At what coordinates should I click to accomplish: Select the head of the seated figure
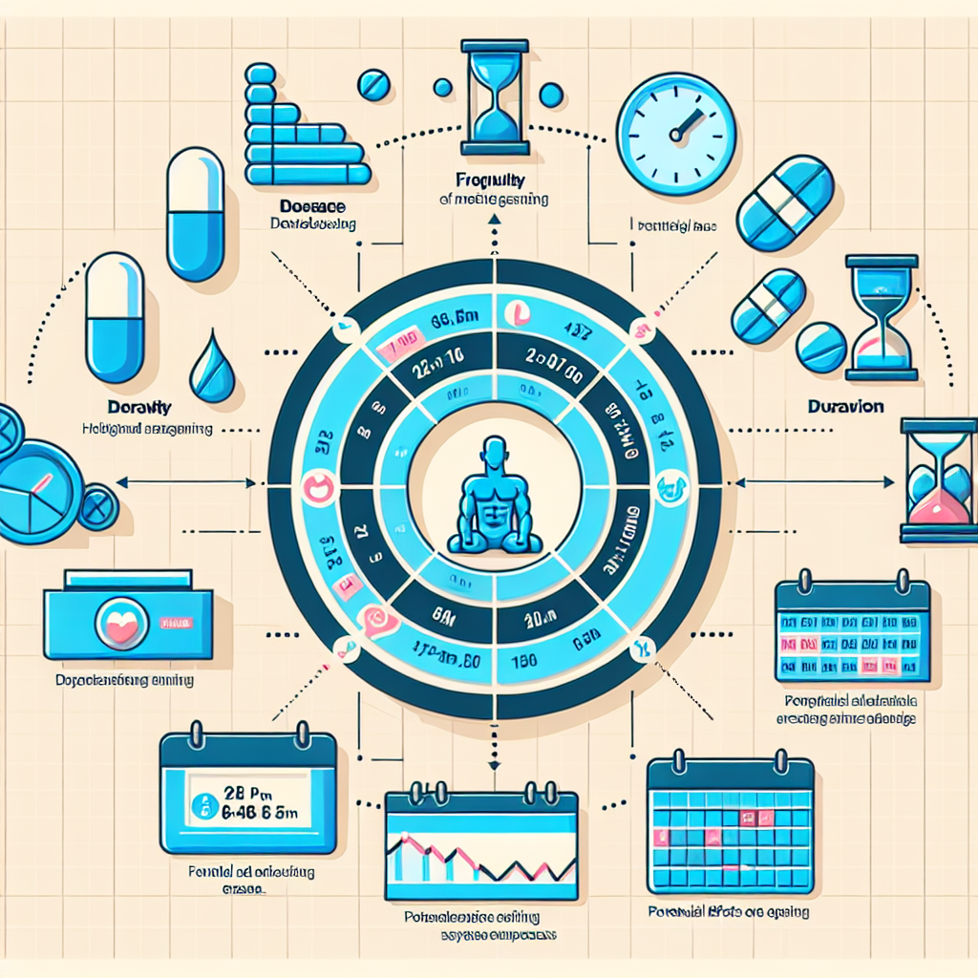[x=493, y=452]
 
